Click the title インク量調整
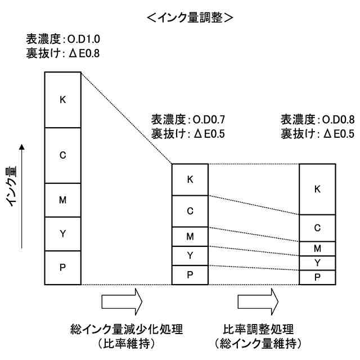coord(189,17)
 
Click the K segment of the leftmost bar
coord(63,100)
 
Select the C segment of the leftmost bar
coord(63,155)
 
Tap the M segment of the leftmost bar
coord(63,200)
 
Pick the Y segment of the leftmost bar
coord(63,233)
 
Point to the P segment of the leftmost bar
coord(63,267)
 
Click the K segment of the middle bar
coord(190,179)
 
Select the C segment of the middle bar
coord(190,211)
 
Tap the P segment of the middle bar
coord(190,274)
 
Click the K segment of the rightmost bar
coord(317,189)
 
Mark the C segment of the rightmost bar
coord(317,228)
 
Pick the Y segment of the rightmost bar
coord(317,263)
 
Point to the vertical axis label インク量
coord(13,186)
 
